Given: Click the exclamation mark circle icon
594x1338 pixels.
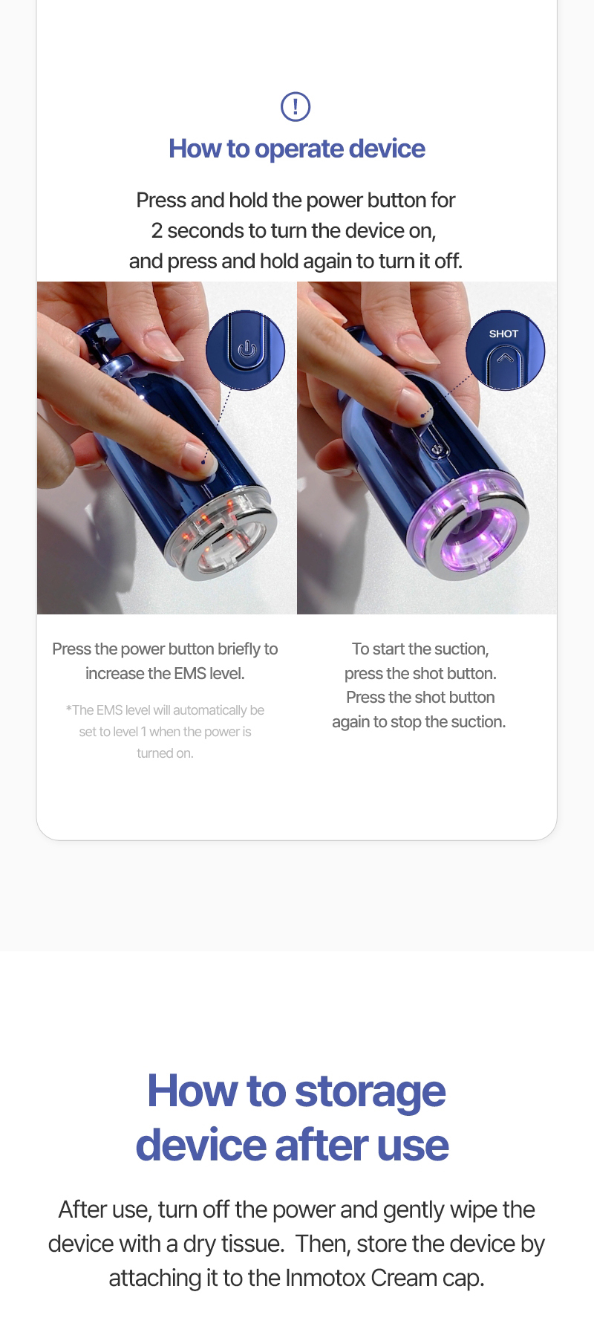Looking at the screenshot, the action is pyautogui.click(x=296, y=106).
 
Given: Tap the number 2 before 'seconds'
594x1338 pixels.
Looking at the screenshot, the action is pyautogui.click(x=157, y=231).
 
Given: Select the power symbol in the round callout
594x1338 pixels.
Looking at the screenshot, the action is pyautogui.click(x=247, y=349).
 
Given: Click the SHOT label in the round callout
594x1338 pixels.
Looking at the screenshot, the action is pyautogui.click(x=503, y=334).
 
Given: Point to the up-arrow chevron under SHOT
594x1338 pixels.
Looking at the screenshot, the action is pyautogui.click(x=505, y=358).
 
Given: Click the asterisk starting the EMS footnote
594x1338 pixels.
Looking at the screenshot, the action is pyautogui.click(x=68, y=709).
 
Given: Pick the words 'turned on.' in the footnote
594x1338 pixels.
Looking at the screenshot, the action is pyautogui.click(x=165, y=753).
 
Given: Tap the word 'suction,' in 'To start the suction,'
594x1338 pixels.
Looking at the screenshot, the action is pyautogui.click(x=460, y=649).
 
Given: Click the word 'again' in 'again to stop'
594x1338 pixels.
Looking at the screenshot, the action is pyautogui.click(x=350, y=723).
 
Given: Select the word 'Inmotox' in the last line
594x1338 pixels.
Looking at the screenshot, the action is pyautogui.click(x=324, y=1278).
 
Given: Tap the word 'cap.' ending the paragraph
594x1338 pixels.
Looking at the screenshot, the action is pyautogui.click(x=463, y=1279).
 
